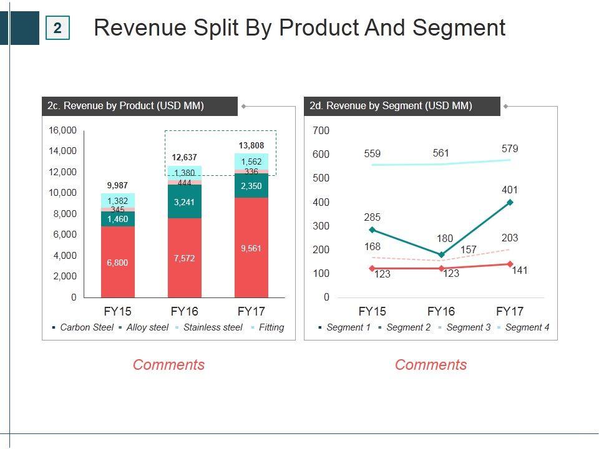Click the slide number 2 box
(57, 28)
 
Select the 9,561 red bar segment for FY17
(251, 248)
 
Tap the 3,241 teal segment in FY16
(185, 202)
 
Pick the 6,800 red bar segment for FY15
(117, 263)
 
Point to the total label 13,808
(251, 145)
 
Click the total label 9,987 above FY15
(117, 185)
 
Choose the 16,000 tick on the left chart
(62, 130)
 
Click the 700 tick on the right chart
(321, 130)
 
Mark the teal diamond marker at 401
(510, 202)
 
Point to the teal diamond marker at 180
(441, 254)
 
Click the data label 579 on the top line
(510, 149)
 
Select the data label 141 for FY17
(520, 271)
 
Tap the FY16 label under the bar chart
(185, 311)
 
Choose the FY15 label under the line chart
(373, 311)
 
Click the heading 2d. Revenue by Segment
(391, 106)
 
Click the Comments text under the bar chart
(168, 365)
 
